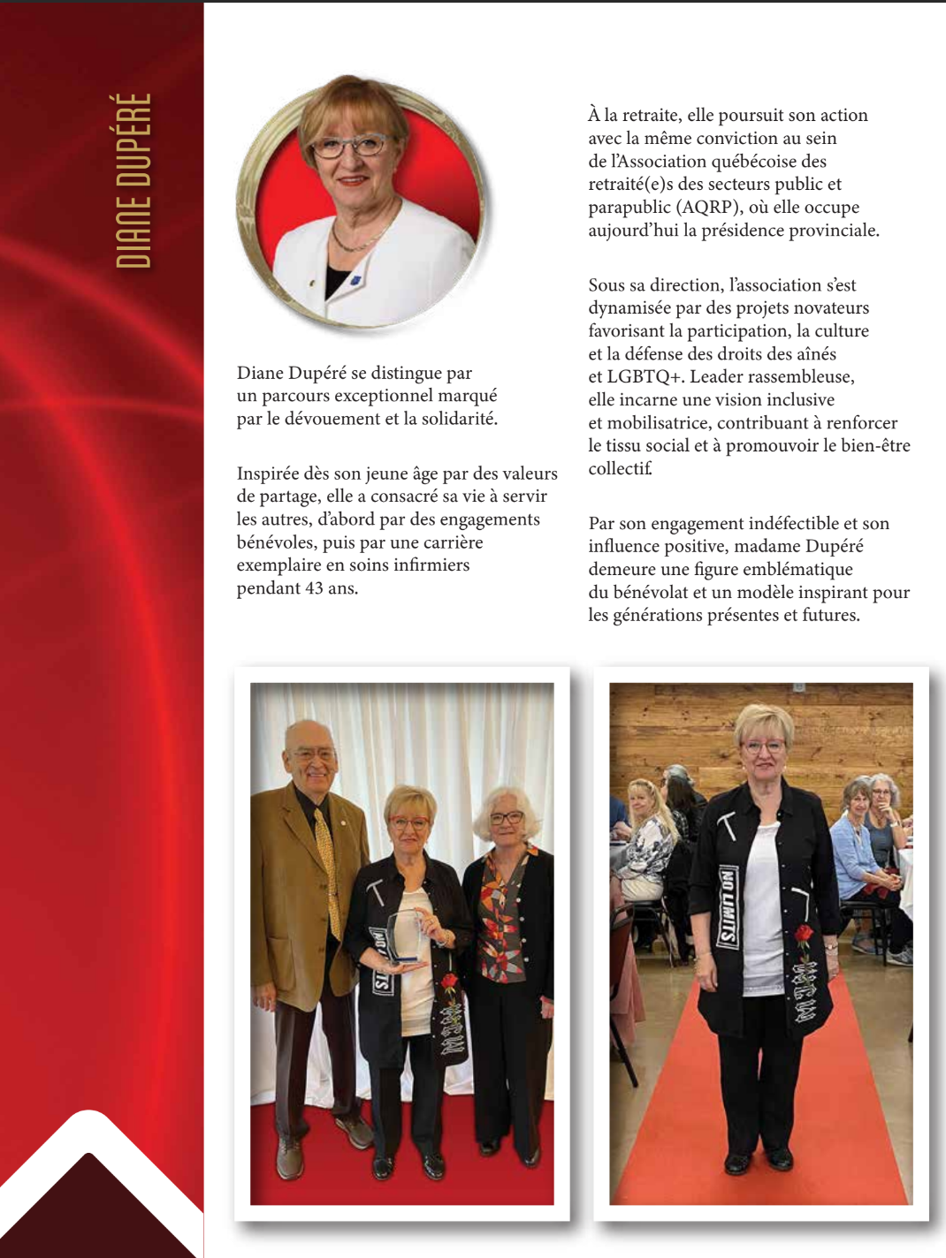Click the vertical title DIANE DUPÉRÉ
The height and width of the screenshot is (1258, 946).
point(134,180)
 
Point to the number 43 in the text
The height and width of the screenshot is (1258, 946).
point(314,588)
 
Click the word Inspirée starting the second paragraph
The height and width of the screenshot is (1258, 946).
point(270,474)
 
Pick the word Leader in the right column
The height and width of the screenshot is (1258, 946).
point(716,377)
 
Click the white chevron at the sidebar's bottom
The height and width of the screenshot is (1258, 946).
point(88,1148)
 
